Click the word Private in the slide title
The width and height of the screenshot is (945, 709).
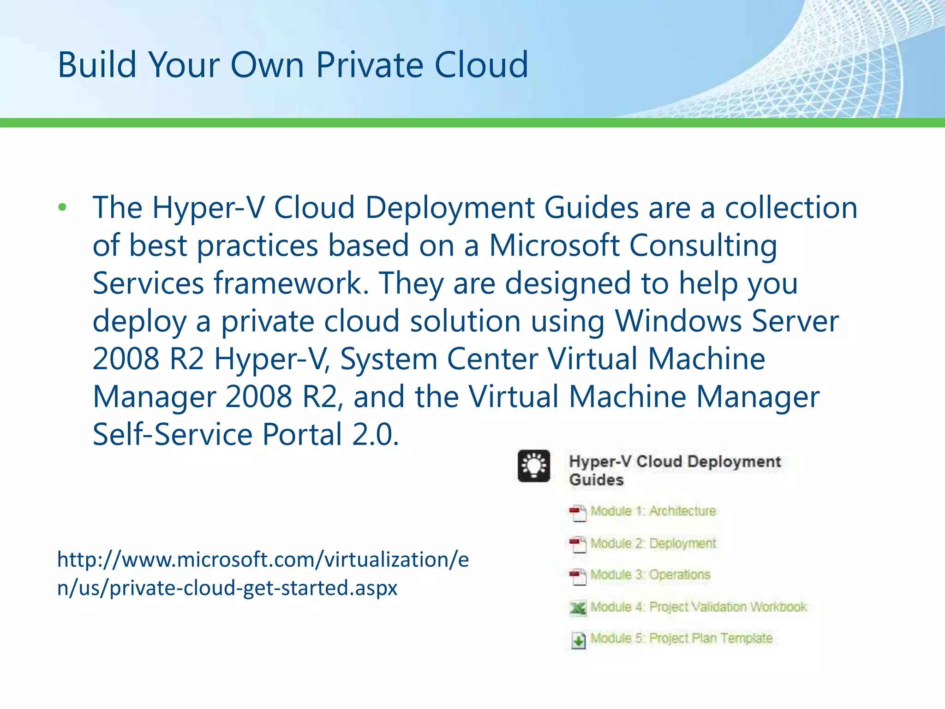point(369,65)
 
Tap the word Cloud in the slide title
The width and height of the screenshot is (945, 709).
point(481,65)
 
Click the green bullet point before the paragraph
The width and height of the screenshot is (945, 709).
point(62,207)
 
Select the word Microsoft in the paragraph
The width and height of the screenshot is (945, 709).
point(554,245)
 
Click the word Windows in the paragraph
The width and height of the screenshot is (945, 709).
point(678,321)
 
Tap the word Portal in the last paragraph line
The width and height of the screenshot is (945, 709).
point(302,434)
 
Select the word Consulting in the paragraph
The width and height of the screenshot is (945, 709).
point(703,246)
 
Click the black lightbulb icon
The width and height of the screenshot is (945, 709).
point(534,466)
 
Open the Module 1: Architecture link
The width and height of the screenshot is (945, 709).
point(653,511)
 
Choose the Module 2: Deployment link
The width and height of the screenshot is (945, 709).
point(653,543)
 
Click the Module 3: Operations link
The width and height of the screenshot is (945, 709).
point(650,575)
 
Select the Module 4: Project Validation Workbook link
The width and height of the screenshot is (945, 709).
point(699,607)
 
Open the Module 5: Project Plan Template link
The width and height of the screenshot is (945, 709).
point(681,638)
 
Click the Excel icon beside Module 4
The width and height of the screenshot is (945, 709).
point(578,608)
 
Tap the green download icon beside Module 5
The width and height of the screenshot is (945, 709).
point(578,640)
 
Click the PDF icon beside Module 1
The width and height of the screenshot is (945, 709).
point(578,513)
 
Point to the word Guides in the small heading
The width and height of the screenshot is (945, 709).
point(596,480)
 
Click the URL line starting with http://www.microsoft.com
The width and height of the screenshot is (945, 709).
point(263,560)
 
